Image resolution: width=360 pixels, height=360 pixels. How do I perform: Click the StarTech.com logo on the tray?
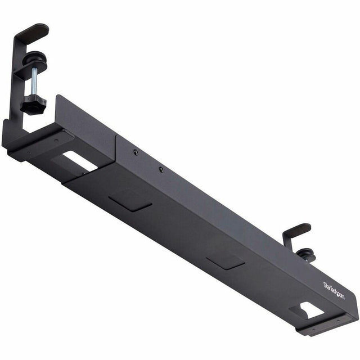334,291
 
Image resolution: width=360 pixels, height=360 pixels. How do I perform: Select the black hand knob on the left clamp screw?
33,105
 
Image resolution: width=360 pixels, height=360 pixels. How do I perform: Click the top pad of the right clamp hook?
298,229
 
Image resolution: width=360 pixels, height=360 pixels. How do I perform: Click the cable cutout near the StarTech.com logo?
308,310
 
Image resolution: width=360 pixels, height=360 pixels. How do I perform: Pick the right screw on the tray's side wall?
161,169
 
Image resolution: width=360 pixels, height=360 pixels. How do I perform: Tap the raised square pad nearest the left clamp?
130,200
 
